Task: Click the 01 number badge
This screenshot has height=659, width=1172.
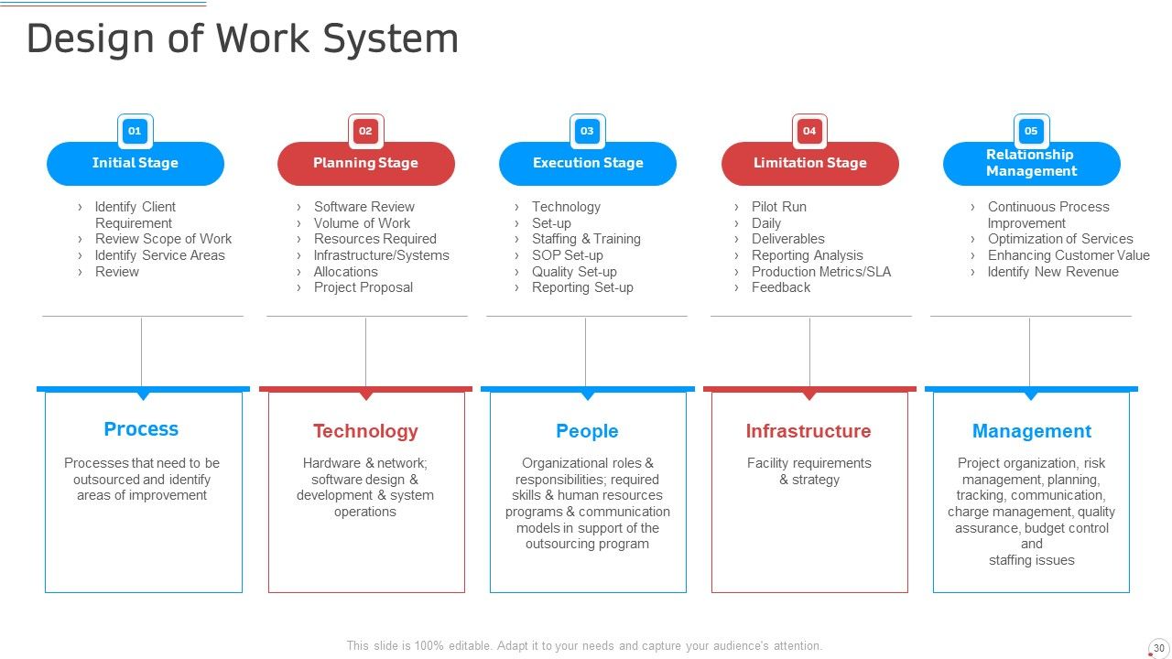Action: click(135, 131)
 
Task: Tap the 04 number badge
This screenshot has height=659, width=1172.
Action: click(809, 131)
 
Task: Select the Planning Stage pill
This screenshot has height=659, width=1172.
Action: click(365, 163)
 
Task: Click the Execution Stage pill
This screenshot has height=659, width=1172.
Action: click(588, 163)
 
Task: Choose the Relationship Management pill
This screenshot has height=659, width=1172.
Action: click(1031, 163)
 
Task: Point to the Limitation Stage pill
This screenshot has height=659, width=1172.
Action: click(810, 163)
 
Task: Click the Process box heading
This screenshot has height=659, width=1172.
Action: click(141, 429)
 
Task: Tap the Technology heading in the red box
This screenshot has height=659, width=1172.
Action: click(365, 431)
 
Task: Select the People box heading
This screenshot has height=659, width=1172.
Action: click(587, 431)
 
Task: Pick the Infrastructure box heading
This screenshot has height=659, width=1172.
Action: click(808, 431)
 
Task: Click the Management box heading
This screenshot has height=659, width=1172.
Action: click(1032, 431)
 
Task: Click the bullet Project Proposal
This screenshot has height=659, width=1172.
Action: click(364, 287)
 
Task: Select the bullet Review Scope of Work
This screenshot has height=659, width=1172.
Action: click(163, 239)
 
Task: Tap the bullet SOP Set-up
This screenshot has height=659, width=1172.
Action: click(567, 255)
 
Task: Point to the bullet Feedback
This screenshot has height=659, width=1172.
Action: click(781, 287)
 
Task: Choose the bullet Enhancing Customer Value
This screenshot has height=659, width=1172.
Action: click(1069, 255)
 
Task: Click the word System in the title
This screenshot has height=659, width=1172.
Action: click(391, 39)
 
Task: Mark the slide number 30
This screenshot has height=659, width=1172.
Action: click(1159, 648)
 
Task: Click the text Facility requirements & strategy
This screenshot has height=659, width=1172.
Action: click(808, 471)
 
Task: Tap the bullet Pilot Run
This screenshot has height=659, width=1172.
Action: click(778, 207)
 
